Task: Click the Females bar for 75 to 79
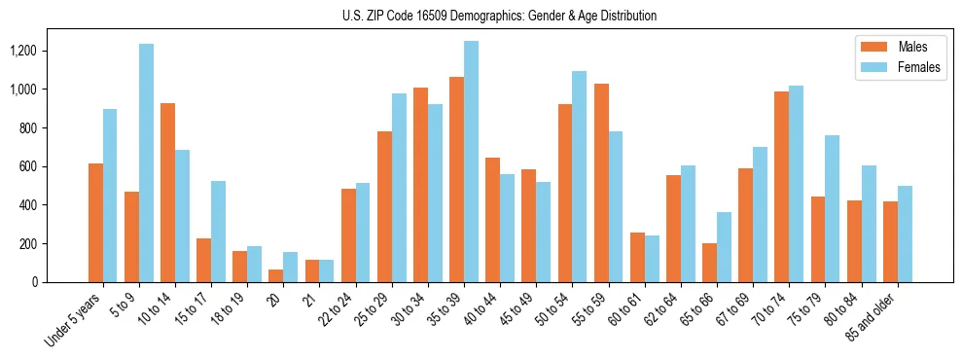click(x=832, y=208)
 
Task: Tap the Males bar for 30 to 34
click(x=420, y=185)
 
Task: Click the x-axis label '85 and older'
click(x=872, y=316)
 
